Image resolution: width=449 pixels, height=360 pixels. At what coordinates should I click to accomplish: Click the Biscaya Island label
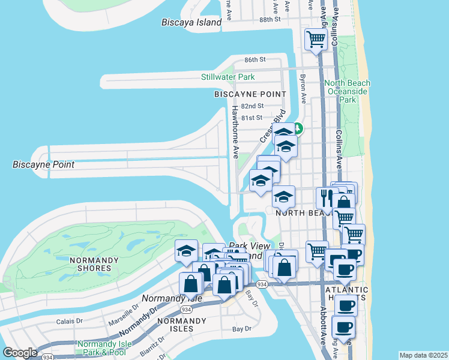click(x=191, y=22)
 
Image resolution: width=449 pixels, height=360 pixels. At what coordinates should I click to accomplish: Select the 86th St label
click(x=255, y=60)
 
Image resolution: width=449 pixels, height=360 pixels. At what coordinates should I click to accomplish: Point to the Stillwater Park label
click(x=228, y=77)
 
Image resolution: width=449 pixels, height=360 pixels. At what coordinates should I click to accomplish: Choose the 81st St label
click(x=252, y=117)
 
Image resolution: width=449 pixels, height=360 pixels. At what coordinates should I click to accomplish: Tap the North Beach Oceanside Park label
click(x=348, y=91)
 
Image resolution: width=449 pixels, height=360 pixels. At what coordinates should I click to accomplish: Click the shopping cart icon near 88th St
click(x=315, y=40)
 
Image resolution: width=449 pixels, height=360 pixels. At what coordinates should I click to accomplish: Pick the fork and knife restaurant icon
click(x=327, y=197)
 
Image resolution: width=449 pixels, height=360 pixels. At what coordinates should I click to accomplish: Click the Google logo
click(x=20, y=353)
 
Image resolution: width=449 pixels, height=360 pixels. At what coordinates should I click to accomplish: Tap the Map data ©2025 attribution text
click(x=423, y=355)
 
